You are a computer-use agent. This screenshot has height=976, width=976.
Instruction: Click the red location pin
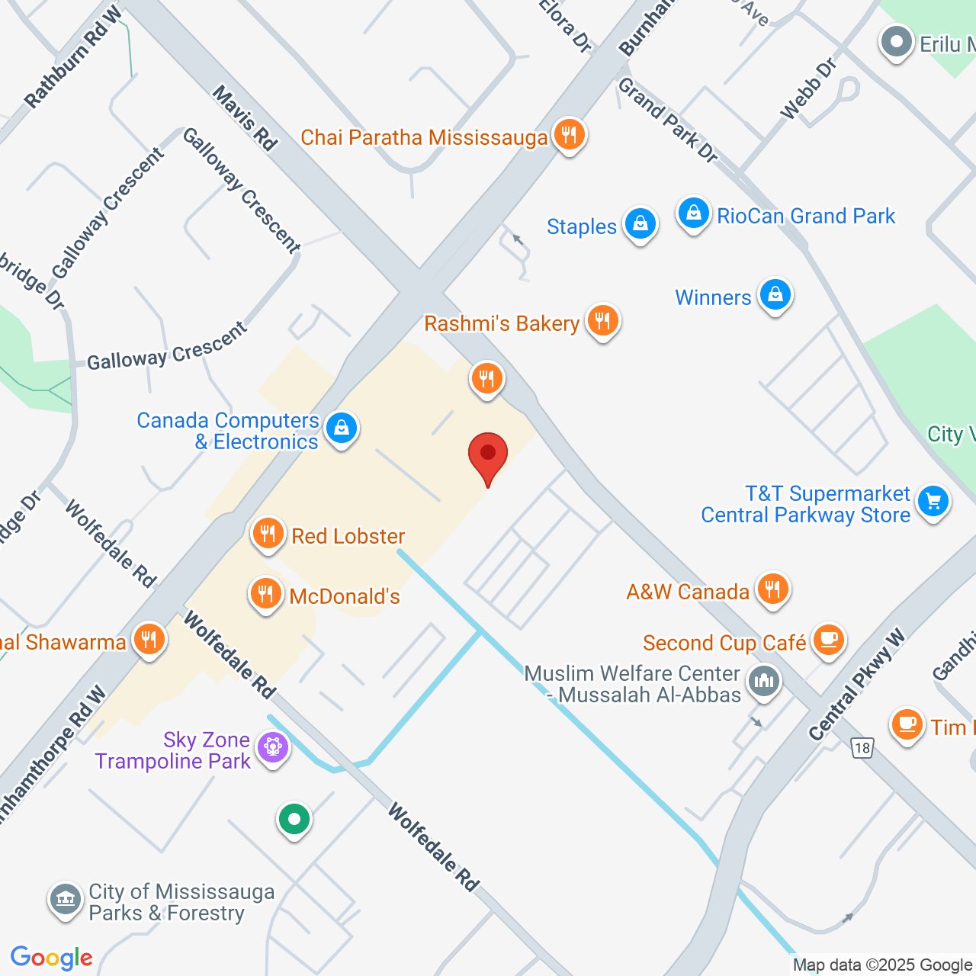coord(488,455)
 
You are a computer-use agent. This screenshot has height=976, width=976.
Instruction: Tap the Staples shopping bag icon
coord(640,224)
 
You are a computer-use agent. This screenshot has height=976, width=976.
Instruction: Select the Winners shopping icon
coord(775,294)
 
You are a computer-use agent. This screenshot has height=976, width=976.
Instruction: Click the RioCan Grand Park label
coord(805,216)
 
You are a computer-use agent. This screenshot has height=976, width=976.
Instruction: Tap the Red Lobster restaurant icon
coord(268,533)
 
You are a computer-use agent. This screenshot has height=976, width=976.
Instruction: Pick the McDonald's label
coord(345,596)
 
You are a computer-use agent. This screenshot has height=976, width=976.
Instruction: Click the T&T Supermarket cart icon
coord(933,502)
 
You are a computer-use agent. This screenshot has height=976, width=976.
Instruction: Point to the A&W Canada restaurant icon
coord(773,589)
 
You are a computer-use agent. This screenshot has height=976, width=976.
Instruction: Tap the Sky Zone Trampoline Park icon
coord(272,746)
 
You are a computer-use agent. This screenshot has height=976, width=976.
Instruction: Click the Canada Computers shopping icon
coord(341,429)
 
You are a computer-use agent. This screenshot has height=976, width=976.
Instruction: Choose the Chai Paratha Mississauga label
coord(424,137)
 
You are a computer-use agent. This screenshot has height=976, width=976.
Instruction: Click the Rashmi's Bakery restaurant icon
coord(602,320)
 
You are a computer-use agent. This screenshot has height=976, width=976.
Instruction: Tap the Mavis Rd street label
coord(244,117)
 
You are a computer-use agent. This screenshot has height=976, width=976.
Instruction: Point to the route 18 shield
coord(862,747)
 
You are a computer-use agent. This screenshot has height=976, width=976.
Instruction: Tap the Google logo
coord(52,958)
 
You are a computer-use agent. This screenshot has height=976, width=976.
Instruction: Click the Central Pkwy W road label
coord(856,684)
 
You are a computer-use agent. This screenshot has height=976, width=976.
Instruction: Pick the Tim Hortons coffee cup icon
coord(907,724)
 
